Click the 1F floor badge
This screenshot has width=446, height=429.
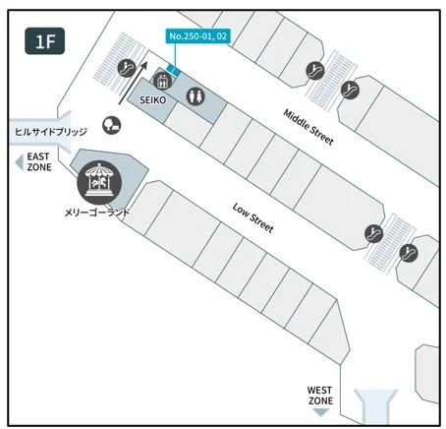[45, 41]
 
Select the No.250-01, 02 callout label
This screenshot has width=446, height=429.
[197, 36]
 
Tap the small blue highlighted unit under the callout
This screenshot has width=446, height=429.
[173, 70]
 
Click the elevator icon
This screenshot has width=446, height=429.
[162, 81]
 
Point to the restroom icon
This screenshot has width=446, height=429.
[195, 96]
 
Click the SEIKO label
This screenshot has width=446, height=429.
[152, 100]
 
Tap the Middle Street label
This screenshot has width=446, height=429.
[308, 127]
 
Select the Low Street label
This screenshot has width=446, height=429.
[252, 217]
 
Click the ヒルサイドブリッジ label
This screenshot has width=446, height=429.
[51, 132]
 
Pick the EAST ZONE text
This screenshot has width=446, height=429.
[39, 161]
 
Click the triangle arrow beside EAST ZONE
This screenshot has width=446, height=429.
[20, 161]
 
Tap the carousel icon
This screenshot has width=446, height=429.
[99, 182]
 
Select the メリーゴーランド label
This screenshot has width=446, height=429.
[97, 213]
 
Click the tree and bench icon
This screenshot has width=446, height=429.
[111, 125]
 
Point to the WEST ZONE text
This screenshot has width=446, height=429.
[320, 396]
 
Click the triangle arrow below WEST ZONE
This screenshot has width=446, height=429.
[321, 412]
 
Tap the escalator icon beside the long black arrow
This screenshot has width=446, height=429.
[127, 68]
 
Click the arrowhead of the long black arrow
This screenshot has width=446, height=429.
[143, 65]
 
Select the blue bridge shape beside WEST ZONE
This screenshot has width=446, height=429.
[375, 406]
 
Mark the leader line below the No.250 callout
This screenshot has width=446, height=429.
[175, 54]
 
